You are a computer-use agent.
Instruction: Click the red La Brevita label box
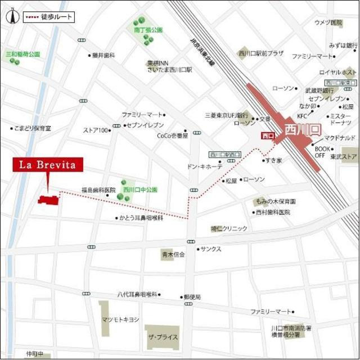coord(48,165)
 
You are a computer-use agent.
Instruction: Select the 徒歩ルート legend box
coord(48,17)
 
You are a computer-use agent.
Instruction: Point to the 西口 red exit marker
coord(267,135)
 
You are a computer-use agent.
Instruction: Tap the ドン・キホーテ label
coord(205,166)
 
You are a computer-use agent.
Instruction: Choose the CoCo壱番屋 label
coord(173,136)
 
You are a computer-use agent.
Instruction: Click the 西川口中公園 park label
coord(140,190)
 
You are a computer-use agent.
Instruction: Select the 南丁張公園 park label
coord(148,29)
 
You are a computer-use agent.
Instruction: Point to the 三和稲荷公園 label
coord(23,55)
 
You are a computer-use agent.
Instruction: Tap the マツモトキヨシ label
coord(120,319)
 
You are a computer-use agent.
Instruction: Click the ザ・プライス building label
coord(163,337)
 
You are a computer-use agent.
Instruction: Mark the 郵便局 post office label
coord(192,296)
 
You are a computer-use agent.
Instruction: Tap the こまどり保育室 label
coord(33,128)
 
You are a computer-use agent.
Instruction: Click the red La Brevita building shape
coord(48,199)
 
